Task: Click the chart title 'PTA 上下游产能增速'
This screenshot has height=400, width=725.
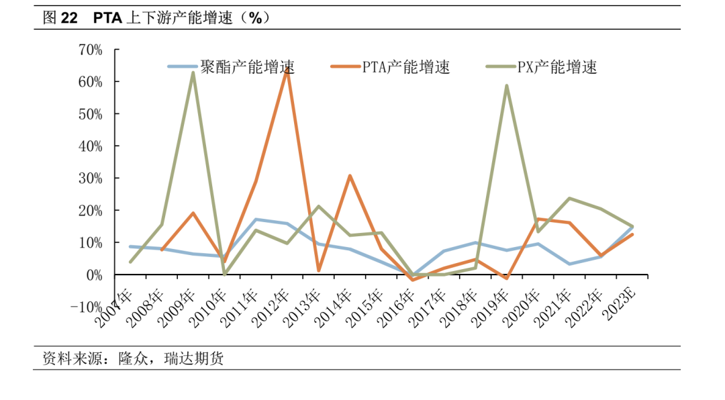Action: (181, 19)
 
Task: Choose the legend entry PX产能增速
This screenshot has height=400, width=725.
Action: (557, 66)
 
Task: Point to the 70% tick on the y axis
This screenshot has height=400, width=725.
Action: (90, 50)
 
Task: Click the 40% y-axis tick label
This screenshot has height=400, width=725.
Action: (90, 146)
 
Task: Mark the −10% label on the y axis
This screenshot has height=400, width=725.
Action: (85, 307)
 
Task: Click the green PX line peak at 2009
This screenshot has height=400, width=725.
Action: (193, 72)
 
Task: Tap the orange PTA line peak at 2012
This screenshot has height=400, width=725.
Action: (287, 70)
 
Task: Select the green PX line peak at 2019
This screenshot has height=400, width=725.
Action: (507, 85)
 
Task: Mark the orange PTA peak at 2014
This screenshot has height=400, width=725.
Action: (350, 176)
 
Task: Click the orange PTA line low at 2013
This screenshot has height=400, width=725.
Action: (318, 271)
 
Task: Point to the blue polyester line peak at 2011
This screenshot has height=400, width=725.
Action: (256, 219)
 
